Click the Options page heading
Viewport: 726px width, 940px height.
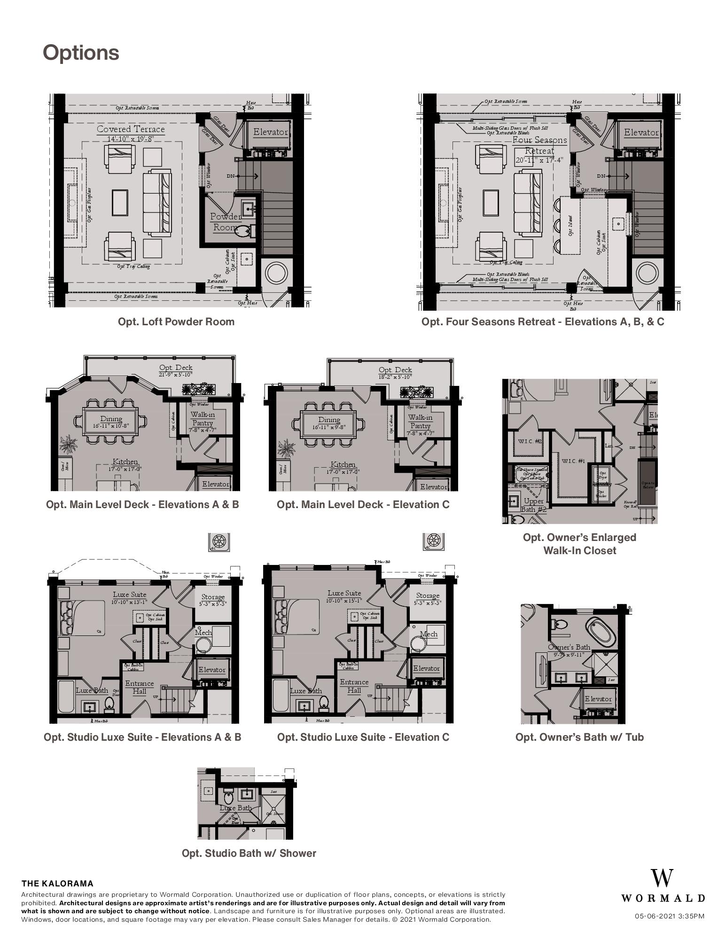click(81, 53)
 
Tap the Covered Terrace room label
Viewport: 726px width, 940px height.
click(131, 129)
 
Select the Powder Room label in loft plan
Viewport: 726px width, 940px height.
click(225, 222)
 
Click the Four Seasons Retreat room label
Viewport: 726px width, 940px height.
click(539, 145)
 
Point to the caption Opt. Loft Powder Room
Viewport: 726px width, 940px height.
click(176, 321)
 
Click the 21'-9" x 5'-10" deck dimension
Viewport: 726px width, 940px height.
click(176, 374)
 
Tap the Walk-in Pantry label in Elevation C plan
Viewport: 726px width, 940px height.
click(420, 421)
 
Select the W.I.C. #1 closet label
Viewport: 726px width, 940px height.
click(573, 461)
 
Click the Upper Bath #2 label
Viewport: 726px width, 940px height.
click(534, 505)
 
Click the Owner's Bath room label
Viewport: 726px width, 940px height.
click(569, 647)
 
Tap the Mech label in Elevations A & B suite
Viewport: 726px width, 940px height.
click(203, 633)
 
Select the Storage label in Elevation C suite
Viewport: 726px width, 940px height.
click(427, 595)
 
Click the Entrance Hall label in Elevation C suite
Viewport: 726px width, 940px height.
click(354, 686)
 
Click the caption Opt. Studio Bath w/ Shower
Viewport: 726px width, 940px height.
click(249, 853)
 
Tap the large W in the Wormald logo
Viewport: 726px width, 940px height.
click(662, 878)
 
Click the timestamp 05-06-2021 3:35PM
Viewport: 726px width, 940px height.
click(669, 916)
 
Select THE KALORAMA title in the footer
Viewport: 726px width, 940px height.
click(57, 884)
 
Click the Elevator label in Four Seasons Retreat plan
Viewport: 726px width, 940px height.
click(641, 133)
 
